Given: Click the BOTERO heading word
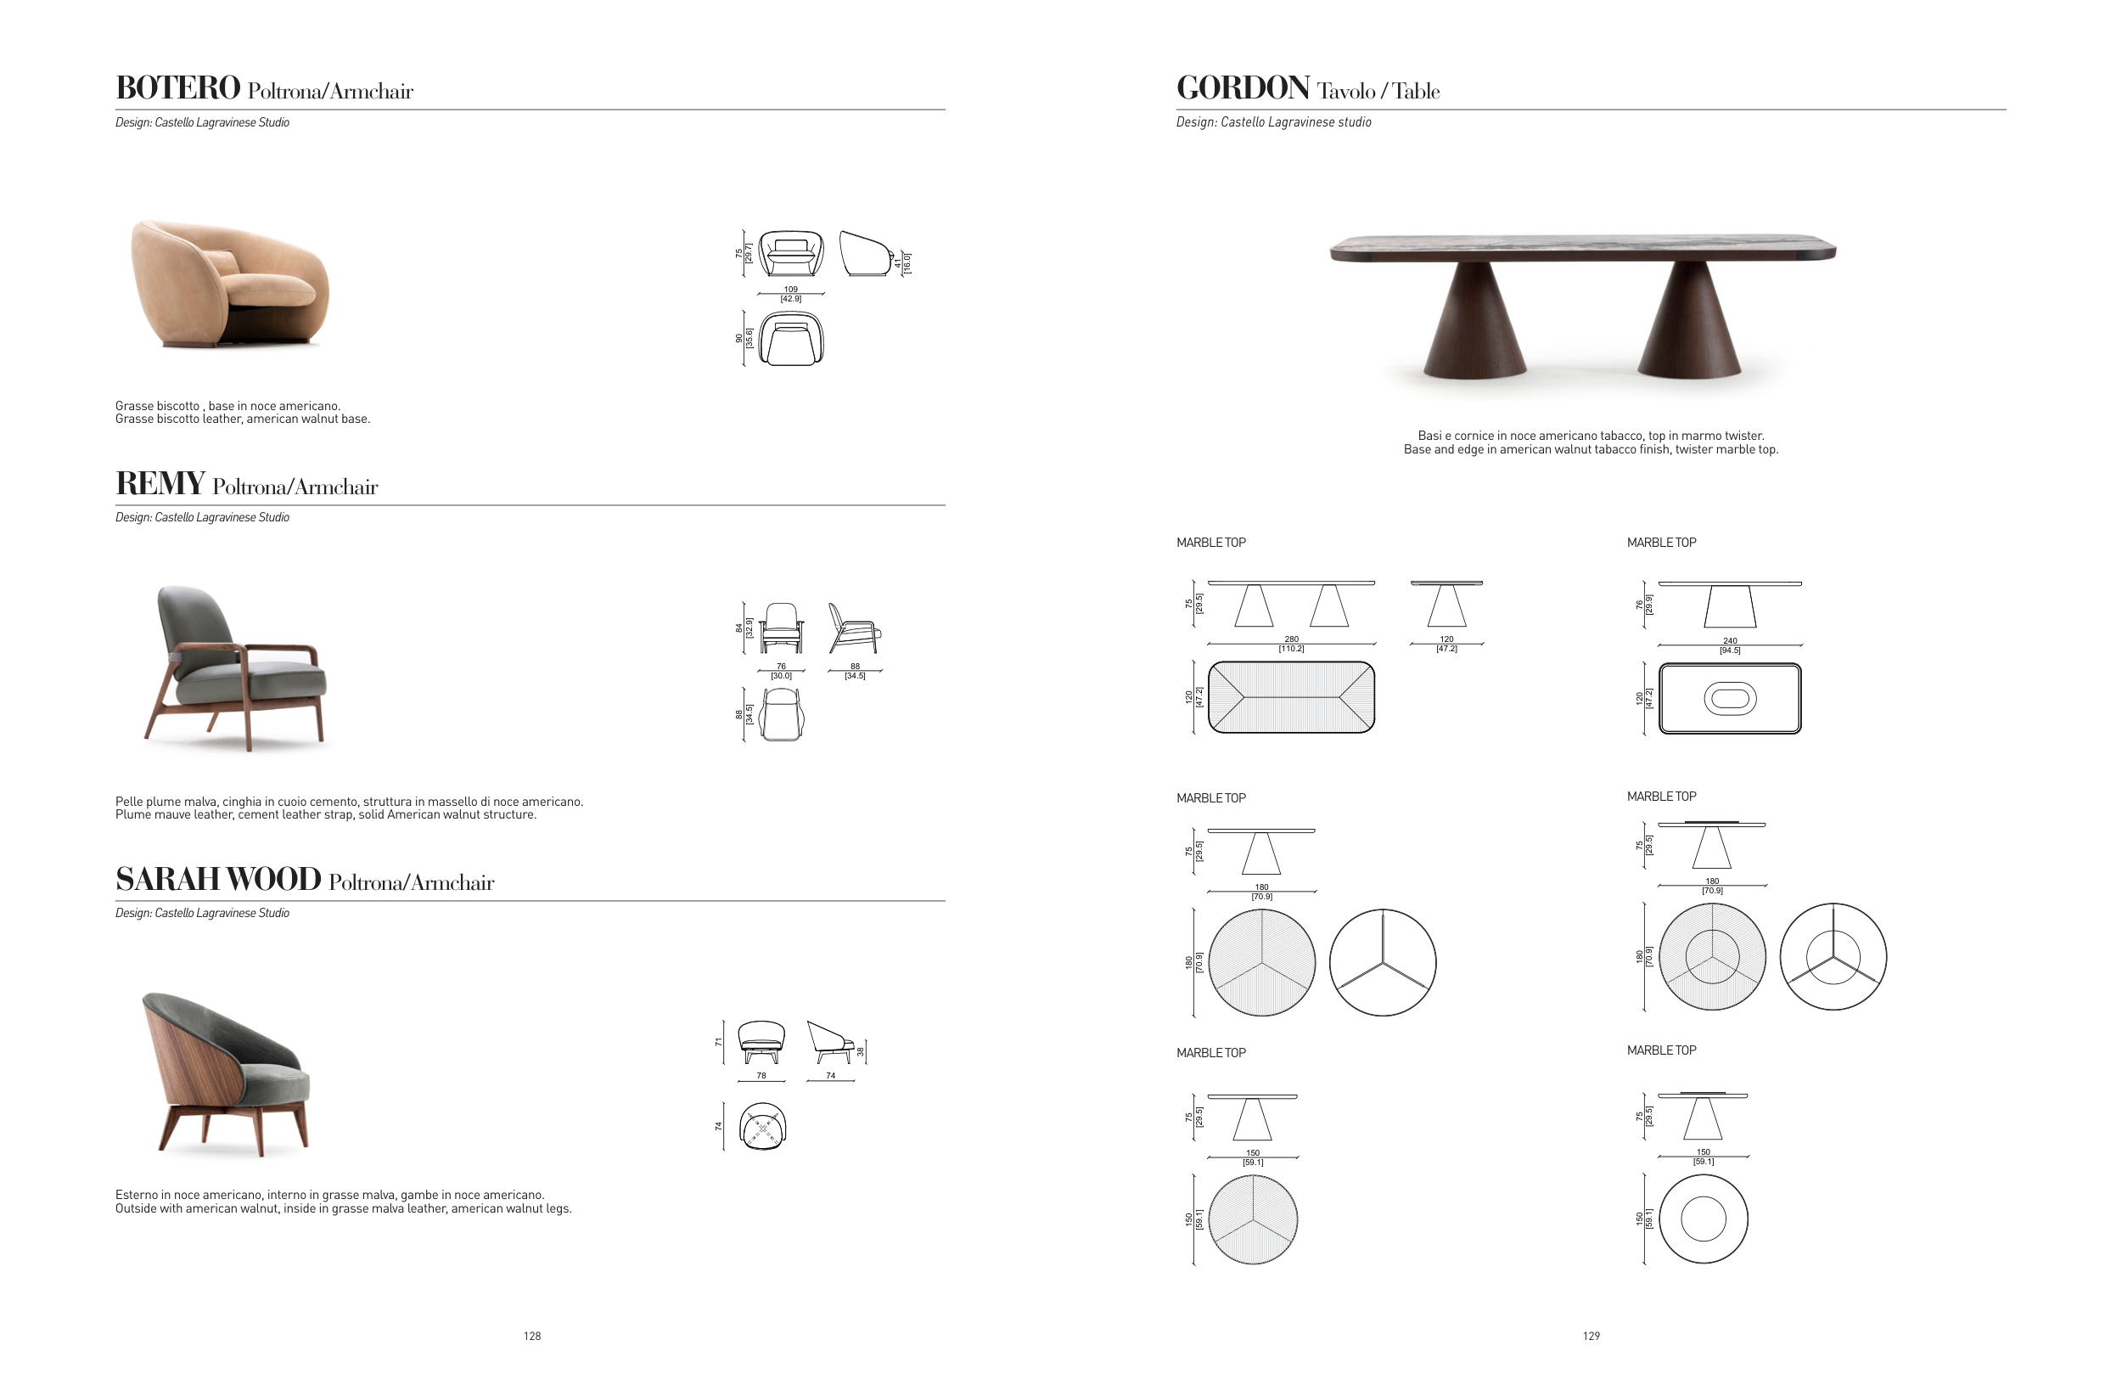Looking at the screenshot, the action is [x=177, y=87].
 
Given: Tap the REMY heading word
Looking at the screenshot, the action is [x=160, y=483].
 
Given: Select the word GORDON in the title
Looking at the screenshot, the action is [x=1243, y=87].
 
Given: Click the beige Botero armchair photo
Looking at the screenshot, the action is [x=230, y=284].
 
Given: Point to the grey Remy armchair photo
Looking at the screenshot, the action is [x=235, y=668].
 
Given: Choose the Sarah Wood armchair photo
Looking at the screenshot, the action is [x=227, y=1075].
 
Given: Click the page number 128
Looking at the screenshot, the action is [x=532, y=1336].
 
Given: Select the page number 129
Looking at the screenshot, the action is [x=1591, y=1336].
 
